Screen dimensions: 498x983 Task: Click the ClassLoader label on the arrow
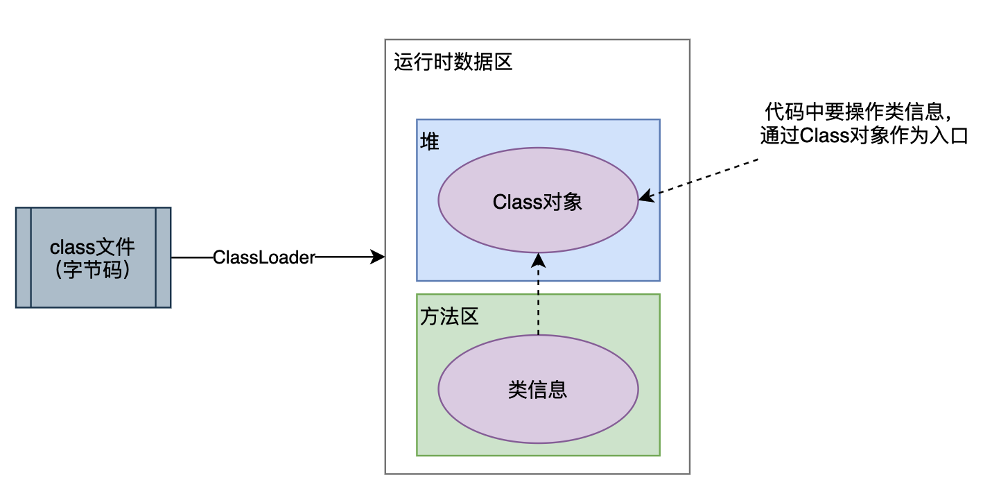click(263, 257)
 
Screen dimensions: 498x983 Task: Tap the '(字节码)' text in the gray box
click(93, 271)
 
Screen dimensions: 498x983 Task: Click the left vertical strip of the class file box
click(24, 257)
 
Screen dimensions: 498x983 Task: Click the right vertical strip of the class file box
click(163, 257)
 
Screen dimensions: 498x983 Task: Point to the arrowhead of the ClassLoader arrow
click(379, 257)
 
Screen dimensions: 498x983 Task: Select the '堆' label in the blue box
click(430, 141)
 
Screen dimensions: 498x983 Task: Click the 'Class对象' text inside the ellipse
click(537, 202)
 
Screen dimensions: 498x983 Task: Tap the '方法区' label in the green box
click(449, 317)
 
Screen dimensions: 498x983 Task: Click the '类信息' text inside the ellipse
click(537, 390)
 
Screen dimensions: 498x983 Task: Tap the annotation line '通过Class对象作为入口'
click(862, 135)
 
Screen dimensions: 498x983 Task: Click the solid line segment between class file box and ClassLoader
click(191, 257)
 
